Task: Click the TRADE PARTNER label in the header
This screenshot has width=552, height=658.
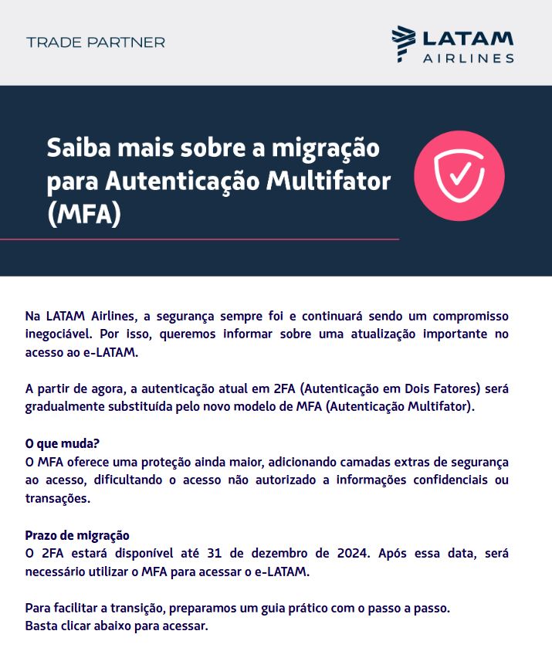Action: [x=96, y=42]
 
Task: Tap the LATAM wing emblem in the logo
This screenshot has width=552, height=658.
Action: [x=402, y=42]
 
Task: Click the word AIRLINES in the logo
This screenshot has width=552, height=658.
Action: [x=468, y=58]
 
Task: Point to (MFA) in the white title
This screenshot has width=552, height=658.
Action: [x=84, y=212]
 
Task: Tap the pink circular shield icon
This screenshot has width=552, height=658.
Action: [x=459, y=175]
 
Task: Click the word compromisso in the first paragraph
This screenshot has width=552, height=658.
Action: [x=470, y=317]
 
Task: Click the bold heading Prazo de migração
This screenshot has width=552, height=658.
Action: [x=77, y=535]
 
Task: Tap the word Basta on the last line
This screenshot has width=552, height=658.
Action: [x=41, y=626]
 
